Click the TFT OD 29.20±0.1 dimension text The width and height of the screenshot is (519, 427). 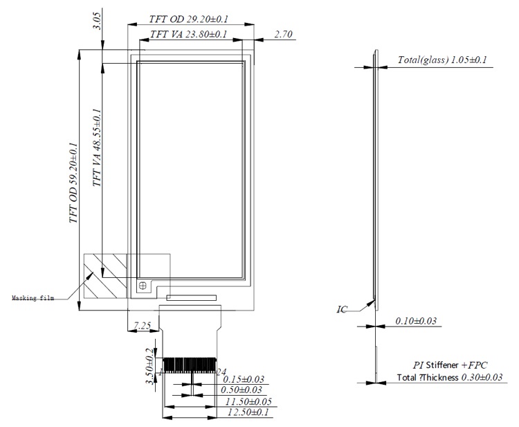188,19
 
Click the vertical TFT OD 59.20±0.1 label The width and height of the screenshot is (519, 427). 73,182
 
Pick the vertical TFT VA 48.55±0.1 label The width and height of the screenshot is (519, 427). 98,148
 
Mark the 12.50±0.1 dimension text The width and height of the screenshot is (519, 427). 246,413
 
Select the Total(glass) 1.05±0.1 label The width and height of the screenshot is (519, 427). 442,60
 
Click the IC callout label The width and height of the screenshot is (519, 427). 343,309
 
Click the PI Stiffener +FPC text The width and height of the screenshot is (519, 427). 450,364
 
